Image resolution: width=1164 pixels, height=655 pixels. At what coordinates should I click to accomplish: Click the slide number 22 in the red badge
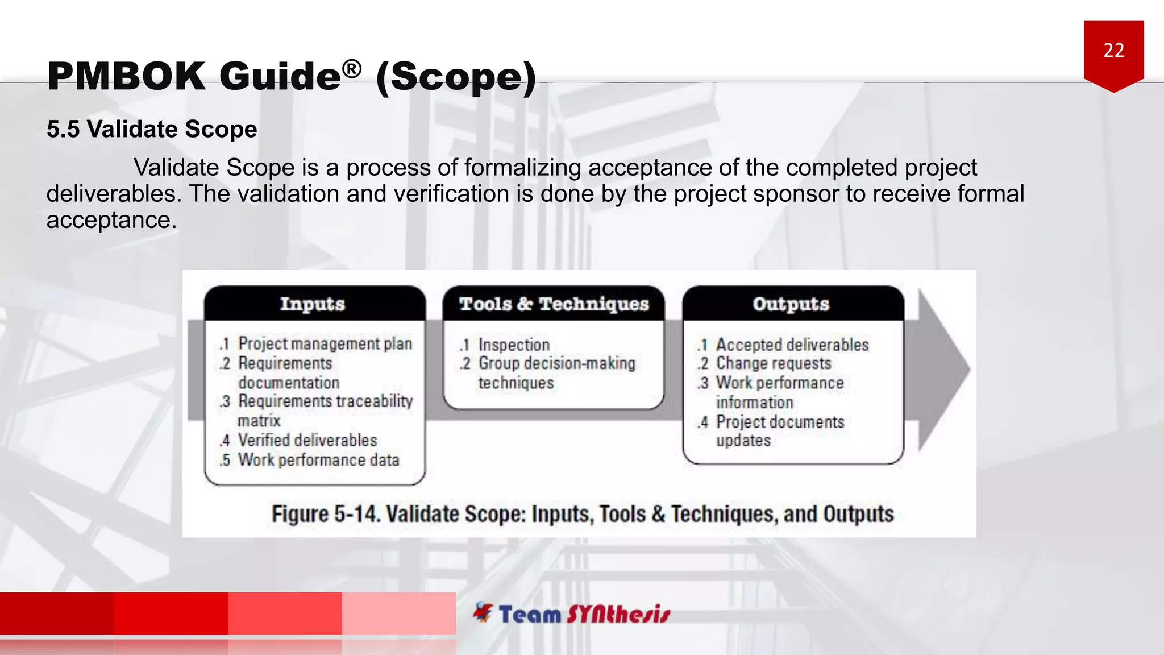pos(1113,51)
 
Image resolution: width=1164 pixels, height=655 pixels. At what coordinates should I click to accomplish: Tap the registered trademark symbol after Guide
pos(352,69)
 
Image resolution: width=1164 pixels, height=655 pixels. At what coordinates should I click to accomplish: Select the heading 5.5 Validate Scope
pos(152,129)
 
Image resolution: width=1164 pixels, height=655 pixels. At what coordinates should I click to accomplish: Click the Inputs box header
pos(313,304)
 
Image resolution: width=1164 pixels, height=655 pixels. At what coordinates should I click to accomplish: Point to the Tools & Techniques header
pos(554,304)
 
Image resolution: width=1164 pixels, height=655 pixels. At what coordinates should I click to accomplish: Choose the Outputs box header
pos(791,304)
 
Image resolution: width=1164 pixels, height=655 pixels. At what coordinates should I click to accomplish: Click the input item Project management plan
pos(325,343)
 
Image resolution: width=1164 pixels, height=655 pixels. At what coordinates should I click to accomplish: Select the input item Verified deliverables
pos(307,440)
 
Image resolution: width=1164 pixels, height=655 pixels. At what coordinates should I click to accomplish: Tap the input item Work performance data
pos(318,459)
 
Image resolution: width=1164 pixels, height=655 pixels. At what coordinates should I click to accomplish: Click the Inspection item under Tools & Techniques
pos(514,345)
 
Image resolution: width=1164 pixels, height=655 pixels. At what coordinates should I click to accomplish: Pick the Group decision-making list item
pos(556,363)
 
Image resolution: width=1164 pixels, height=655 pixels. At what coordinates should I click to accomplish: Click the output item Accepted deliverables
pos(792,345)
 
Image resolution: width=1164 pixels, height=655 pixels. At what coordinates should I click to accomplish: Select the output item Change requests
pos(773,363)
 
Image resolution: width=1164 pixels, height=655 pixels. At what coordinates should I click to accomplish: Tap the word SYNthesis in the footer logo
pos(618,614)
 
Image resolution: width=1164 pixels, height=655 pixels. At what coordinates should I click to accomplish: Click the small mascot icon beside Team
pos(483,612)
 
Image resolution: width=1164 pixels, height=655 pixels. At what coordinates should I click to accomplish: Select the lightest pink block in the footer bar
pos(398,613)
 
